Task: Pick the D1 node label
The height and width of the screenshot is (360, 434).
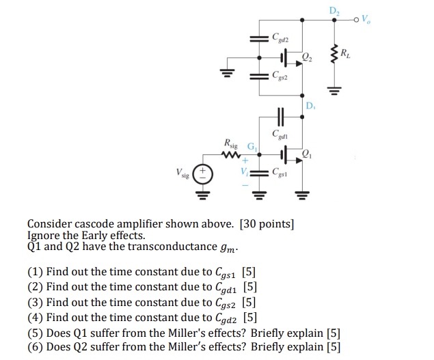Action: point(312,106)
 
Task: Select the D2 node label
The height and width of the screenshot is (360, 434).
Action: point(334,9)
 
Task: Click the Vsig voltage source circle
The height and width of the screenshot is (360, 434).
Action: point(204,174)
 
